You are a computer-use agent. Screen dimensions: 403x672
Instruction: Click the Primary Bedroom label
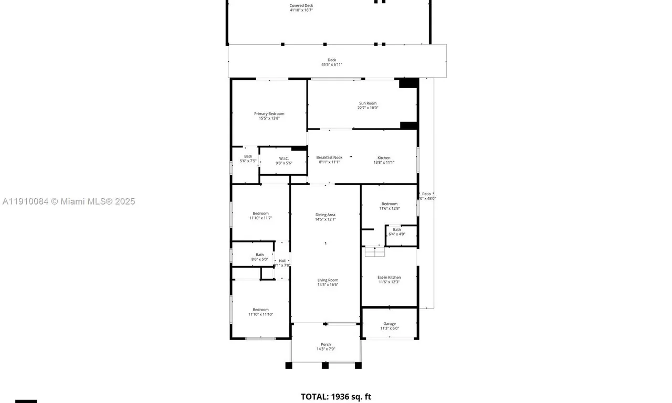(269, 114)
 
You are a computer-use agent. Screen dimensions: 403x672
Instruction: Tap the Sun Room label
(367, 103)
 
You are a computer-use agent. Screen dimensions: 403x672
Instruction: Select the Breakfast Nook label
(329, 157)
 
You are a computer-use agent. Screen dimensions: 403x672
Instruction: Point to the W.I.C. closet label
(284, 158)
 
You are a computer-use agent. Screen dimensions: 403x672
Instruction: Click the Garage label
(389, 324)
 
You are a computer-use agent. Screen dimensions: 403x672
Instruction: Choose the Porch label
(325, 344)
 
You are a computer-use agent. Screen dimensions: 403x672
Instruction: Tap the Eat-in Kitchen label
(389, 277)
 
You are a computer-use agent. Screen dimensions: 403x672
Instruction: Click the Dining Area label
(325, 215)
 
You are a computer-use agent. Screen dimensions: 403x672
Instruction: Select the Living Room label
(328, 280)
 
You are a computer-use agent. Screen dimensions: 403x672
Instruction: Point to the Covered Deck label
(301, 6)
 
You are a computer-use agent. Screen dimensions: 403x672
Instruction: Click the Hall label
(282, 261)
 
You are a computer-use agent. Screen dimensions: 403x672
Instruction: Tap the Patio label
(426, 194)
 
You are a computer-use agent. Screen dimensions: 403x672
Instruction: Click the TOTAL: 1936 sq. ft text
(335, 397)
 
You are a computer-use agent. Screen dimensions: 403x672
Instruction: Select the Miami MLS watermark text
(68, 201)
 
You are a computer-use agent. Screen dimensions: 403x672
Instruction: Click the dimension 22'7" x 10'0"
(367, 108)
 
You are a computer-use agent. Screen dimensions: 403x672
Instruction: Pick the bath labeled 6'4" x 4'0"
(397, 231)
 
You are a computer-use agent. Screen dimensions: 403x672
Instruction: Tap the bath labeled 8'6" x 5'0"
(260, 257)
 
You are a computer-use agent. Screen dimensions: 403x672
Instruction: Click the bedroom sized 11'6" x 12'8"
(390, 206)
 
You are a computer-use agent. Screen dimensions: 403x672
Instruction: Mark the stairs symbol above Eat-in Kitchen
(375, 252)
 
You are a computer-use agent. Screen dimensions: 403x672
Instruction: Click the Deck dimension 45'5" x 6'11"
(332, 65)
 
